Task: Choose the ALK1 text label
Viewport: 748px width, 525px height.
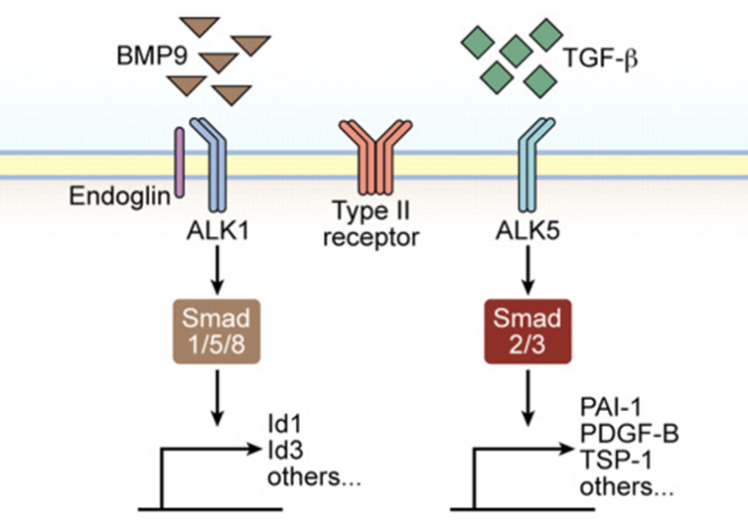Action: tap(215, 229)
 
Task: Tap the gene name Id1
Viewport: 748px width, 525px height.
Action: tap(283, 424)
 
